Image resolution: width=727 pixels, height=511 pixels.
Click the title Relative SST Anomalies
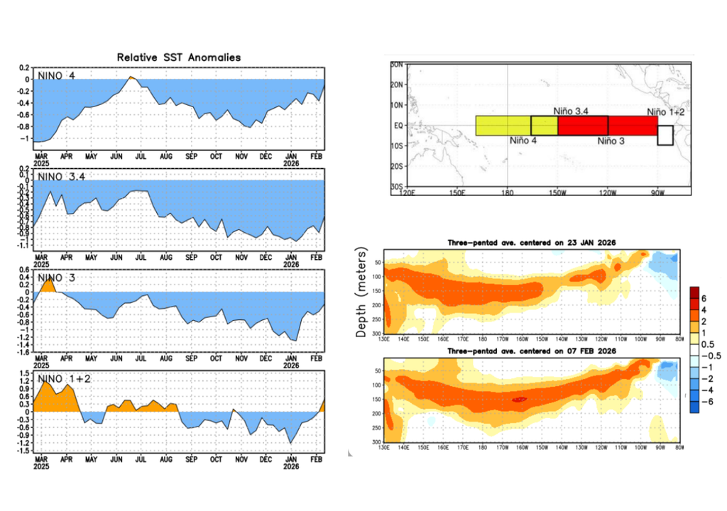pyautogui.click(x=179, y=57)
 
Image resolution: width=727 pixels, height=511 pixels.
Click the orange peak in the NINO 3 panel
pyautogui.click(x=48, y=285)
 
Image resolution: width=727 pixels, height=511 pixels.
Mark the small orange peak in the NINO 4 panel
pyautogui.click(x=131, y=78)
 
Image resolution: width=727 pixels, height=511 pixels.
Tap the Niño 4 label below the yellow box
pyautogui.click(x=523, y=141)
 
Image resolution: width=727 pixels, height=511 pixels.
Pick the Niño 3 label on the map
pyautogui.click(x=611, y=141)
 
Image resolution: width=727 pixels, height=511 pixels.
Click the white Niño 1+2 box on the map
pyautogui.click(x=665, y=135)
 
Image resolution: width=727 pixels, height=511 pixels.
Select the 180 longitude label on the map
pyautogui.click(x=507, y=192)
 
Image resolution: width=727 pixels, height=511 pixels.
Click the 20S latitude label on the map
pyautogui.click(x=397, y=166)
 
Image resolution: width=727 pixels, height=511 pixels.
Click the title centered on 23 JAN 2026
pyautogui.click(x=531, y=243)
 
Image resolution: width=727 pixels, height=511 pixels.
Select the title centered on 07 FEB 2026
pyautogui.click(x=531, y=351)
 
